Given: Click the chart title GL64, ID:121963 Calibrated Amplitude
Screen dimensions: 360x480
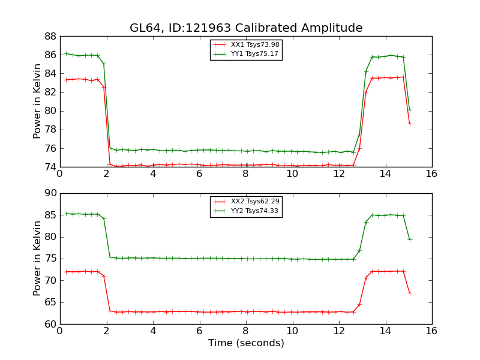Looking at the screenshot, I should point(246,28).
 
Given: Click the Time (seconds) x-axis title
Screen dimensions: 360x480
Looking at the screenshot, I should point(246,343).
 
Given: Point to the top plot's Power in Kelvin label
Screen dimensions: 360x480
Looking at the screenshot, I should point(37,101).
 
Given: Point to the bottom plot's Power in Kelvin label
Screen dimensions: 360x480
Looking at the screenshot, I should point(37,259).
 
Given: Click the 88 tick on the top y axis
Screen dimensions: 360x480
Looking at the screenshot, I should point(50,36).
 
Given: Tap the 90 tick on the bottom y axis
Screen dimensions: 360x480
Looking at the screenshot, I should point(50,193).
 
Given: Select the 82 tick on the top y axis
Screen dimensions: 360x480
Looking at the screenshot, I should point(50,92).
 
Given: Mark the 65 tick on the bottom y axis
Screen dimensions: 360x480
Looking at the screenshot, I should point(50,302).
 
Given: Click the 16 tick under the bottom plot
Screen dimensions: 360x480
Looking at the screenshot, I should point(431,331).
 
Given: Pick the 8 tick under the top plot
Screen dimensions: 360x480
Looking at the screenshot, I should point(245,173).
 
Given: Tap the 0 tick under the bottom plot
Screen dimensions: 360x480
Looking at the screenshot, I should point(59,331).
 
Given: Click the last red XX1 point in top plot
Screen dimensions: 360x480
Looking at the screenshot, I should point(410,124).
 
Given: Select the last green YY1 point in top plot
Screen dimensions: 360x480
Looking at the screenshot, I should point(410,110).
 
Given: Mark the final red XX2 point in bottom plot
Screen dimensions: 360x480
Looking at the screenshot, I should point(410,293).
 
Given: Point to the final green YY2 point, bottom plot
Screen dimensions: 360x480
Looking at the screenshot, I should point(410,239).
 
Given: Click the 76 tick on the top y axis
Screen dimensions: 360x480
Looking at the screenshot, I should point(50,148).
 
